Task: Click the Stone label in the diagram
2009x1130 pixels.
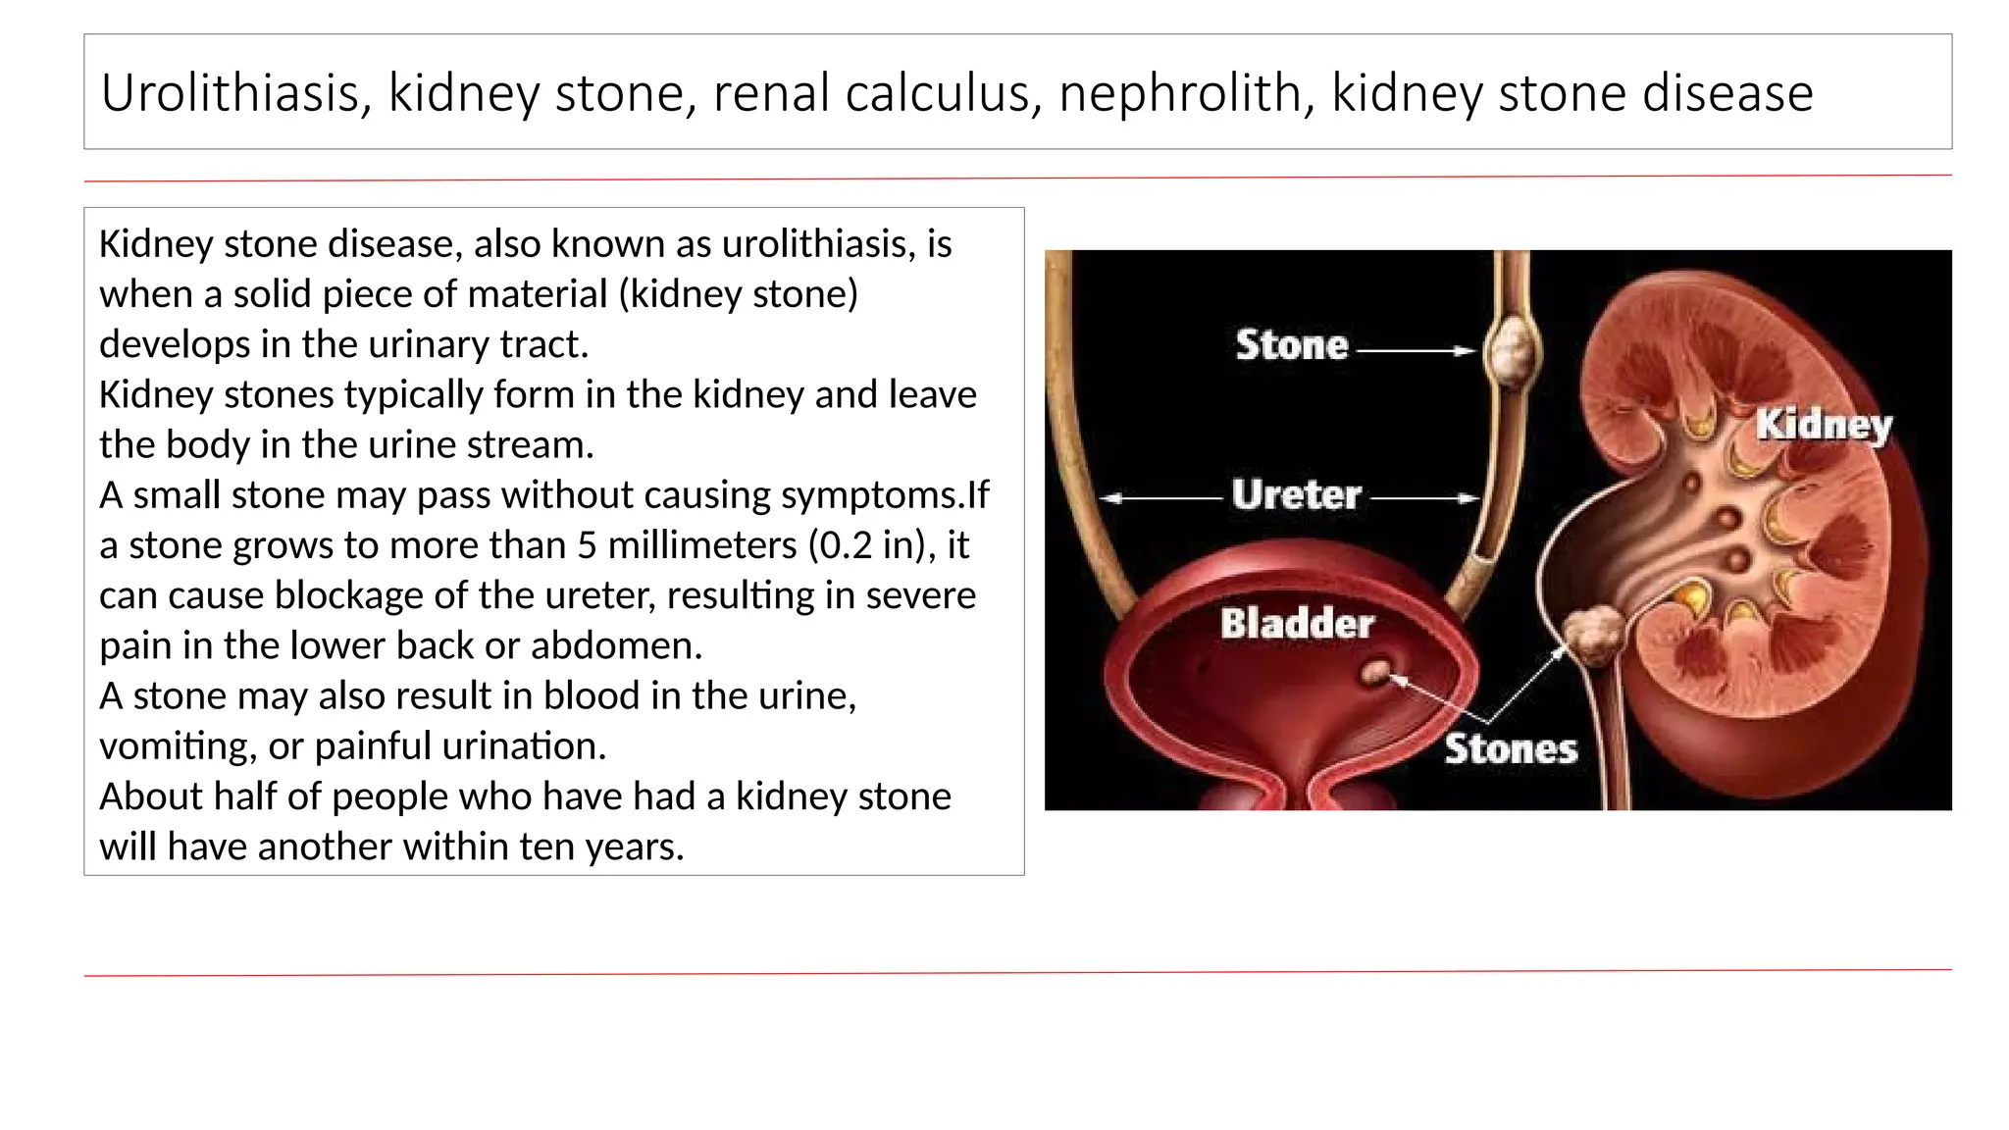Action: click(1292, 345)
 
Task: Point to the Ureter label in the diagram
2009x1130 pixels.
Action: click(1296, 495)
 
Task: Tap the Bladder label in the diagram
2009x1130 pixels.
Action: click(1297, 624)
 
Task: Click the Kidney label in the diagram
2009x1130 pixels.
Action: click(1824, 426)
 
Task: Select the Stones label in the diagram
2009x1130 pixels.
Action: click(1511, 749)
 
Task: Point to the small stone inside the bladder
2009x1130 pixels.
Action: click(1375, 672)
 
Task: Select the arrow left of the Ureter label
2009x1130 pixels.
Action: click(1161, 498)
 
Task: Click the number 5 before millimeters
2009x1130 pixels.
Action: click(587, 545)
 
